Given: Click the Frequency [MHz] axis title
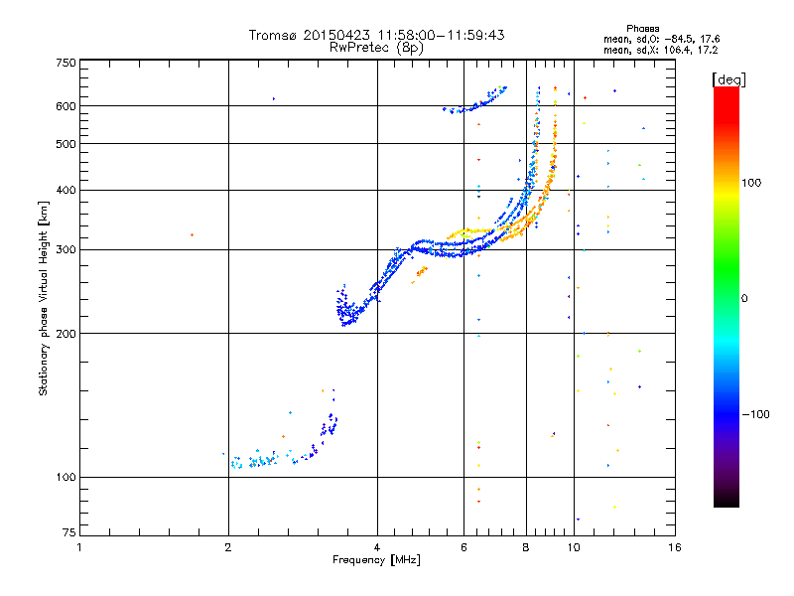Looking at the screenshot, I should click(376, 560).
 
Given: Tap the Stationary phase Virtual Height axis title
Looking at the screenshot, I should click(44, 298).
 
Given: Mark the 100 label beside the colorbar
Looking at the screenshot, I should click(751, 183).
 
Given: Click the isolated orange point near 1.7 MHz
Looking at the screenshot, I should click(192, 234).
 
